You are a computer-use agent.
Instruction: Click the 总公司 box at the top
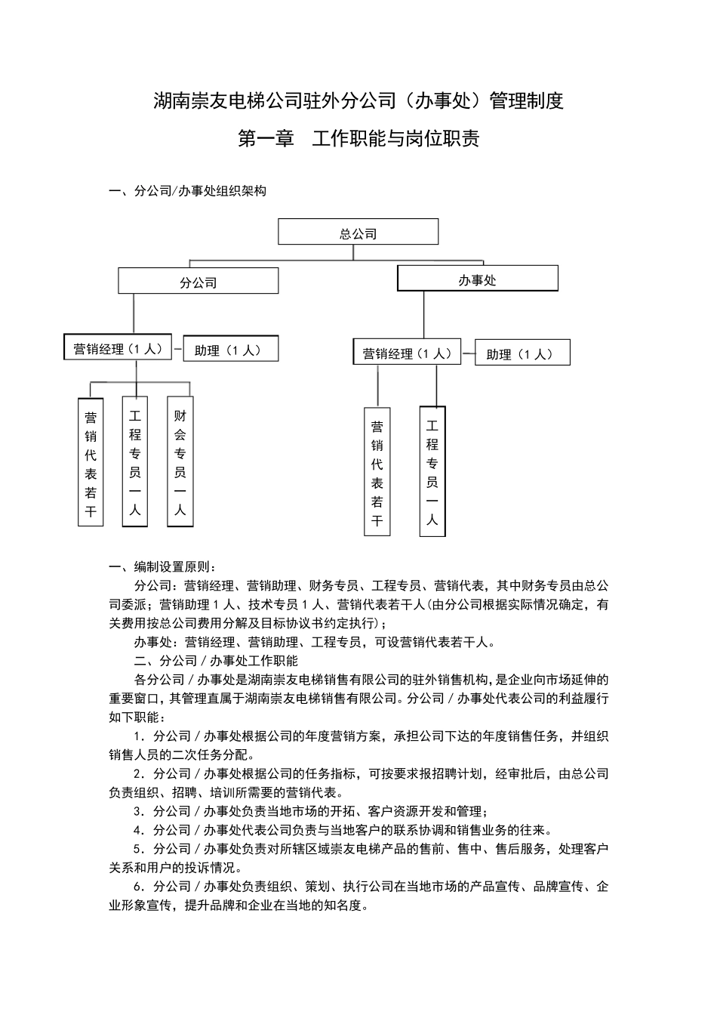[358, 232]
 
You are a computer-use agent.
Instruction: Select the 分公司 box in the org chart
[198, 281]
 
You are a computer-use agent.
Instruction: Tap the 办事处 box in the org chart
[477, 279]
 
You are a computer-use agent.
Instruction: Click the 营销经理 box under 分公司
[118, 348]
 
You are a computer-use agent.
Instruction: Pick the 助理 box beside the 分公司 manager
[231, 349]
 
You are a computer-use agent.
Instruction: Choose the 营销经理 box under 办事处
[407, 352]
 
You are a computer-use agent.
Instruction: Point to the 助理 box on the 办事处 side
[522, 353]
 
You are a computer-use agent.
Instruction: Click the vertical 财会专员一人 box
[180, 461]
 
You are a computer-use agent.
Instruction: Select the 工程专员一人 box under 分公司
[135, 461]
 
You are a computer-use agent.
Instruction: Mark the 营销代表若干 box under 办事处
[377, 472]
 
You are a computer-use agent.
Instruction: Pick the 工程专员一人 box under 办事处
[432, 471]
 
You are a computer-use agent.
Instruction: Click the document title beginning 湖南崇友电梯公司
[358, 100]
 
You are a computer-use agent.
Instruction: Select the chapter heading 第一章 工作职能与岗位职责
[358, 139]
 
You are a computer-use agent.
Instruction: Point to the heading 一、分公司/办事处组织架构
[188, 191]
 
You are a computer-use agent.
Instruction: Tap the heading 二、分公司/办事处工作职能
[216, 661]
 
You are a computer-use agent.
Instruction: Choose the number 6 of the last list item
[138, 887]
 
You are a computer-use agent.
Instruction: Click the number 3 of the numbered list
[138, 812]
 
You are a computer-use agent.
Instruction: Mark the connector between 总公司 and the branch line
[353, 252]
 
